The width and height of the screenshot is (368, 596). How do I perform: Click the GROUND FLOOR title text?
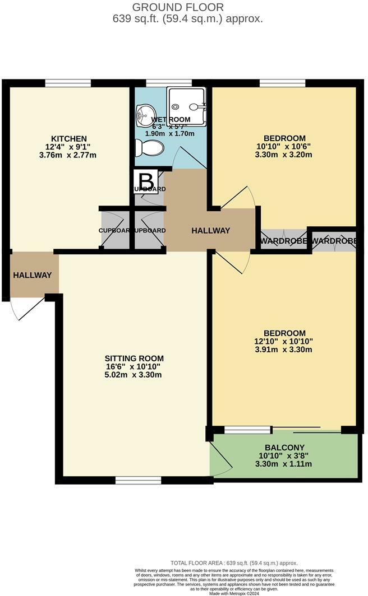(178, 7)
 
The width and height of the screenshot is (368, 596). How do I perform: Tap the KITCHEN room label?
(68, 138)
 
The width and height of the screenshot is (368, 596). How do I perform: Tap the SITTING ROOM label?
(134, 358)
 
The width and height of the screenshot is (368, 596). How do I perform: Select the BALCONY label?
(284, 448)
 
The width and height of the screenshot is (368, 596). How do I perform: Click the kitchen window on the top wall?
(68, 83)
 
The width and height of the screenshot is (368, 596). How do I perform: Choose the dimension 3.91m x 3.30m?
(283, 350)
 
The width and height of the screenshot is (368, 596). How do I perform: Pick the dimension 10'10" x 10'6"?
(284, 147)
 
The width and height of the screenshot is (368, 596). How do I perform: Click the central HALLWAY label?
(210, 230)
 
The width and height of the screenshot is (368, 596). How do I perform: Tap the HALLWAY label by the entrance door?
(33, 275)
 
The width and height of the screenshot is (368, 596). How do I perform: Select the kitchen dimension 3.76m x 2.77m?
(68, 155)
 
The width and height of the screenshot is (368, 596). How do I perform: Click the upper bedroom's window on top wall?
(282, 83)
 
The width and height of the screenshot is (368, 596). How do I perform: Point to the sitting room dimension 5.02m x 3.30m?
(134, 375)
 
